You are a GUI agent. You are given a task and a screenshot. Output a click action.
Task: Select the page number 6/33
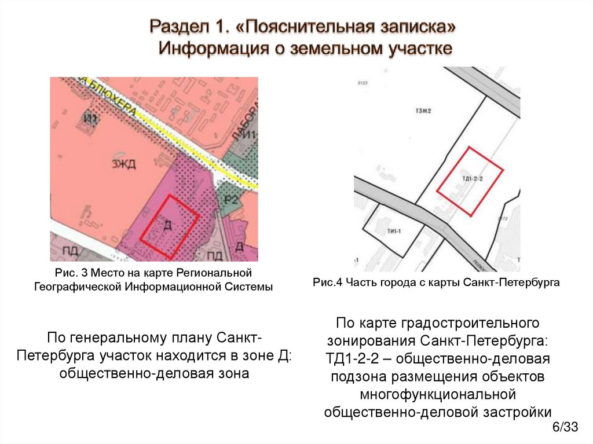click(x=565, y=428)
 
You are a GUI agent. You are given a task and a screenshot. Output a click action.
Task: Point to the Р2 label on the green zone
click(x=232, y=200)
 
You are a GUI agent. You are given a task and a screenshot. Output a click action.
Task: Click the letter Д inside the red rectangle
click(x=168, y=226)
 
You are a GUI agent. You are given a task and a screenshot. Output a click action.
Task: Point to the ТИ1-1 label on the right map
click(x=392, y=230)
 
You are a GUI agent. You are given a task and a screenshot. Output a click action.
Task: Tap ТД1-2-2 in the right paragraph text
click(x=358, y=358)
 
